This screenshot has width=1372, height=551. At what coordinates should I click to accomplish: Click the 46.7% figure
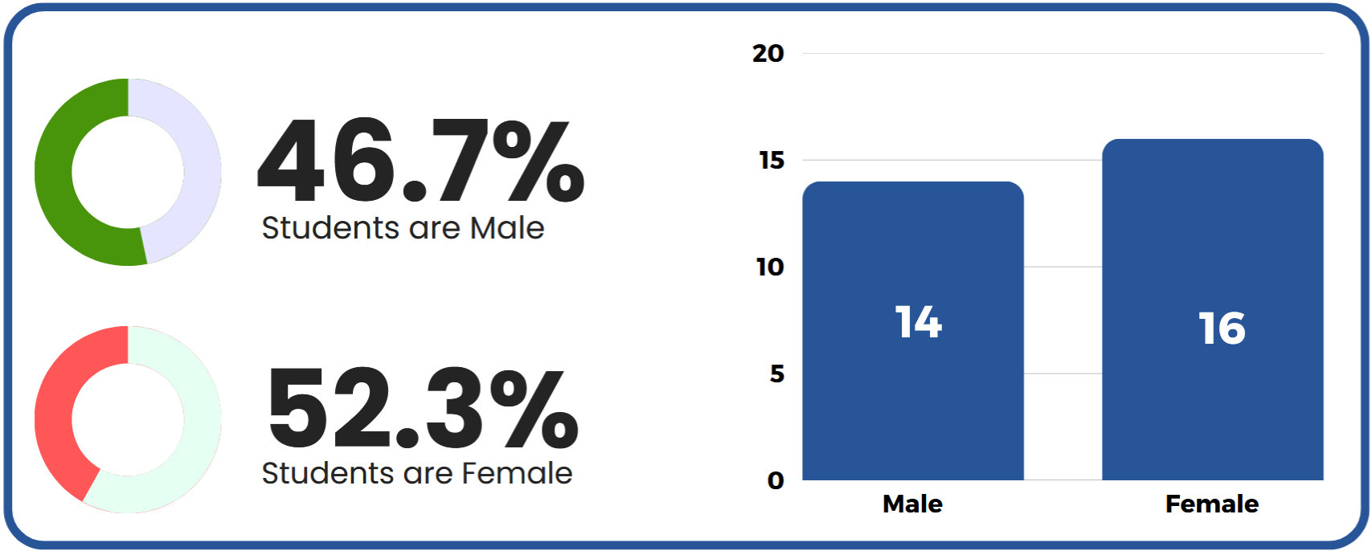(421, 161)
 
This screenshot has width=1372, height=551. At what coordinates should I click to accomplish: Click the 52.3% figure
(423, 407)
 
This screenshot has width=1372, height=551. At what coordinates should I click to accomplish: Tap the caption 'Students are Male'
(403, 228)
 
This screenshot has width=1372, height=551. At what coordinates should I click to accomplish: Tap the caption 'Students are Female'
(417, 473)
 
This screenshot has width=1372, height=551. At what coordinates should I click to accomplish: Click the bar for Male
(913, 331)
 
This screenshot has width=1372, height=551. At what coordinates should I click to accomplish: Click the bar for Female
(1213, 309)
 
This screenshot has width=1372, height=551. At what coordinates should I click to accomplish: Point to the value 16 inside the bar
(1222, 329)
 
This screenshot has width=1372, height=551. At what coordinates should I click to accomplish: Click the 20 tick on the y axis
(768, 54)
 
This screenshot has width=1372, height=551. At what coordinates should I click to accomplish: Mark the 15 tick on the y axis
(771, 161)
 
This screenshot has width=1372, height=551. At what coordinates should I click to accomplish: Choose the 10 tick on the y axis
(770, 267)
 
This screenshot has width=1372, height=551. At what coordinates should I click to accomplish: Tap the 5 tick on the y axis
(777, 373)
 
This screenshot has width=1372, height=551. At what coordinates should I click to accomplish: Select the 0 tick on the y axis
(776, 480)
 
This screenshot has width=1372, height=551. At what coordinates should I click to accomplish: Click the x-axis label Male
(912, 504)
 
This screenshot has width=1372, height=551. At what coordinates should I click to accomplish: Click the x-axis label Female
(1212, 504)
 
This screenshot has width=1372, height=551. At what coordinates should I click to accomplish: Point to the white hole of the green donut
(128, 172)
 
